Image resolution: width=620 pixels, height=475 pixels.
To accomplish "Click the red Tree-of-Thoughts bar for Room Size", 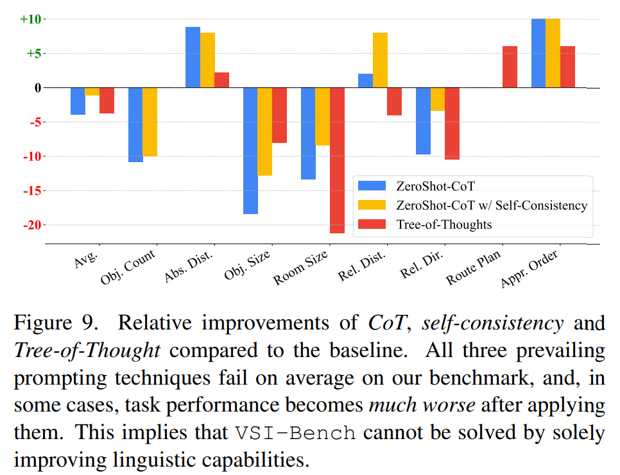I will click(x=337, y=160).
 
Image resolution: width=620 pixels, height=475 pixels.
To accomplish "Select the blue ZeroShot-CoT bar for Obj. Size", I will click(x=250, y=151).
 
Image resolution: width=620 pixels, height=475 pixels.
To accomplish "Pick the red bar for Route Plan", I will click(x=510, y=67).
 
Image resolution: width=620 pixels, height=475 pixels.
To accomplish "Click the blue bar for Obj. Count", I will click(x=135, y=124).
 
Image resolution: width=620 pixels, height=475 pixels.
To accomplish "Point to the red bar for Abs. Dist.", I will click(x=221, y=80).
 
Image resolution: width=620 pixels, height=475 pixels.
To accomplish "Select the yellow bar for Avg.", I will click(x=92, y=91).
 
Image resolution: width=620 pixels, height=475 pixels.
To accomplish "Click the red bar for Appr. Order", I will click(x=567, y=67).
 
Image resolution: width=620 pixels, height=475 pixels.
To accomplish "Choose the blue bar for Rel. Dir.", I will click(x=423, y=121).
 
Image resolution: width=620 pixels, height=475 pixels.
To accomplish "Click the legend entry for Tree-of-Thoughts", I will click(x=443, y=224).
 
